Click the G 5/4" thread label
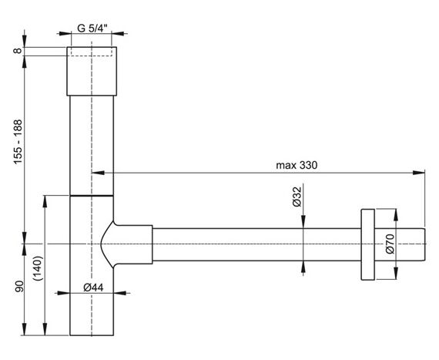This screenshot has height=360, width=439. (x=92, y=29)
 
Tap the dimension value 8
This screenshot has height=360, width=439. (x=18, y=51)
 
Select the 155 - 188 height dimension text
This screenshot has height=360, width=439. (x=18, y=142)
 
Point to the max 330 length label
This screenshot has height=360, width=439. (x=297, y=165)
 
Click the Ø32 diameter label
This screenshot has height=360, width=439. (x=297, y=197)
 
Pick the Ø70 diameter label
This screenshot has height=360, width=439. (x=390, y=244)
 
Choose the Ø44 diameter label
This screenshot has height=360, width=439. (x=93, y=288)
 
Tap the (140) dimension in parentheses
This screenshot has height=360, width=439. (x=38, y=269)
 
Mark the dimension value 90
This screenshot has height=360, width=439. (x=19, y=287)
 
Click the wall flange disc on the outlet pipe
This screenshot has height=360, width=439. (x=367, y=244)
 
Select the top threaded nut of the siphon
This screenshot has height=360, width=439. (x=92, y=71)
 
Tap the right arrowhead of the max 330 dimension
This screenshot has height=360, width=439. (x=419, y=173)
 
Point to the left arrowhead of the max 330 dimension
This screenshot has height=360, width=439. (x=98, y=173)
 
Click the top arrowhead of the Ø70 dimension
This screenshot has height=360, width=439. (x=396, y=215)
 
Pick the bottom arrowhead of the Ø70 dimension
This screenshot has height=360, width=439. (x=396, y=274)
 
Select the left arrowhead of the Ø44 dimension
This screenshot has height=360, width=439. (x=63, y=294)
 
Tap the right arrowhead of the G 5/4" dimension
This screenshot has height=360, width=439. (x=118, y=34)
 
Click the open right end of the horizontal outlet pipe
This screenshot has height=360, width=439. (x=425, y=244)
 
